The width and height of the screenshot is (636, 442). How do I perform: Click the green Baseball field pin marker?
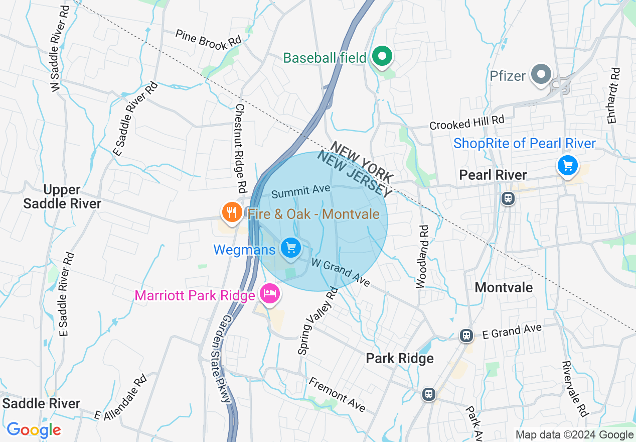pos(382,57)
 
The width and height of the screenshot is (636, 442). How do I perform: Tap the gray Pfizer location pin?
pos(541,75)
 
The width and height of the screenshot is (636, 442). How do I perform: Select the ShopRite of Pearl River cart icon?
pos(567,165)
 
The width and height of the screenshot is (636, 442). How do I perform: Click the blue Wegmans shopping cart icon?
pos(290,248)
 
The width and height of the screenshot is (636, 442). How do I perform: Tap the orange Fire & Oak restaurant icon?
pos(231,213)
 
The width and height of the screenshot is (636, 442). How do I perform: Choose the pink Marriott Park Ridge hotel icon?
pos(270,293)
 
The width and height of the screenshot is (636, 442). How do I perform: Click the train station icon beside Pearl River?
pos(508,198)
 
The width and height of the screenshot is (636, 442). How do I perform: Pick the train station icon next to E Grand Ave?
pos(466,336)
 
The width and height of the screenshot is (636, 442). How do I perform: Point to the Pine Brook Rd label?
pos(208,39)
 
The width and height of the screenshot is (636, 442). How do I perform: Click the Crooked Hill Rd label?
pos(466,123)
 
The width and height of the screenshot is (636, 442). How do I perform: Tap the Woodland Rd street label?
pos(423,256)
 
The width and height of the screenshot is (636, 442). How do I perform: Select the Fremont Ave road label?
pos(337,394)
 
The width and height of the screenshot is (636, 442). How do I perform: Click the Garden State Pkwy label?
pos(226,359)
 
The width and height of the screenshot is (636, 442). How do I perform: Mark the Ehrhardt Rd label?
pos(614,95)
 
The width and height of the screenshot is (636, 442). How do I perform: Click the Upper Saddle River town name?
pos(62,196)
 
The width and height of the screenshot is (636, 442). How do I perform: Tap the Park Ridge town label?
pos(399,358)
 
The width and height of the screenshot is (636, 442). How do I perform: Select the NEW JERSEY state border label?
pos(354,176)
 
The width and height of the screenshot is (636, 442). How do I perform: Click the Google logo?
pos(34,430)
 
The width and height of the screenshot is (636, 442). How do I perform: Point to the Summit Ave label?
pos(300,191)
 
